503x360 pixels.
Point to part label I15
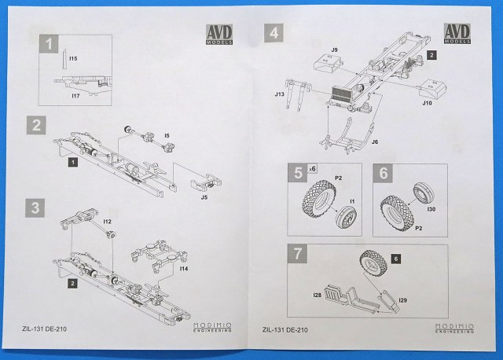pos(73,58)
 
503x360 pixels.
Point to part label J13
pos(279,94)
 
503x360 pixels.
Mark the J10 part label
pos(427,103)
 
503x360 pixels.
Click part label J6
pos(375,141)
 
